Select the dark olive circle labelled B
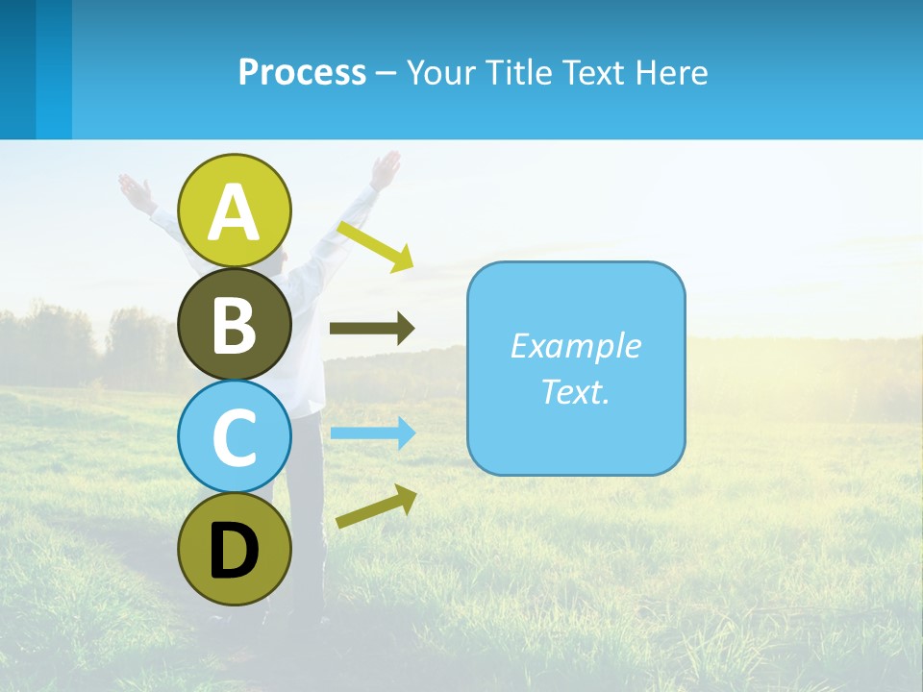tap(235, 324)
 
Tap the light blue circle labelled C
tap(235, 436)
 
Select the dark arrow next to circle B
tap(372, 329)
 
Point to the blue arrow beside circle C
tap(373, 433)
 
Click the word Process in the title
tap(302, 72)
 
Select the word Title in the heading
tap(518, 72)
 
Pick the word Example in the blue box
tap(575, 346)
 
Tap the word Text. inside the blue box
tap(575, 391)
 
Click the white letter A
tap(235, 213)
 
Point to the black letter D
tap(235, 551)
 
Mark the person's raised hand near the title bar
tap(387, 168)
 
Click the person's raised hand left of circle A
tap(135, 189)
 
